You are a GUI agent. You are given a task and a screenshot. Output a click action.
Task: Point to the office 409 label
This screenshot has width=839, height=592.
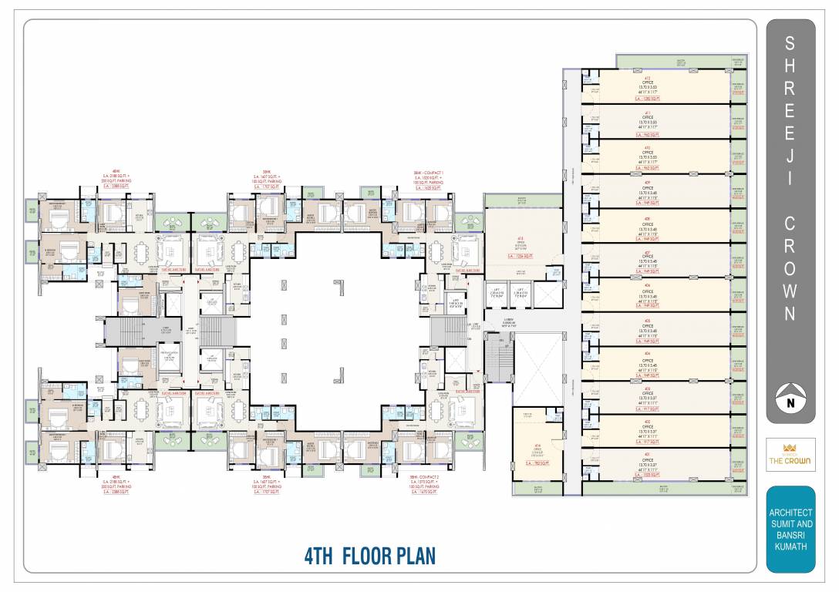click(x=648, y=187)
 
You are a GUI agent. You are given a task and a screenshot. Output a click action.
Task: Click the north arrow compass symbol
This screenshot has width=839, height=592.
click(x=790, y=396)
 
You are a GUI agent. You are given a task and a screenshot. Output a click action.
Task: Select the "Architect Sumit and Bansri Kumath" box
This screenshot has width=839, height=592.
click(x=790, y=529)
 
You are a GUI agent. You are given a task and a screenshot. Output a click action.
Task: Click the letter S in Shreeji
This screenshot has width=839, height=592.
click(x=790, y=45)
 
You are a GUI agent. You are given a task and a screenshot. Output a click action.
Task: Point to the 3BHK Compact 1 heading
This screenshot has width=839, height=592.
click(x=429, y=177)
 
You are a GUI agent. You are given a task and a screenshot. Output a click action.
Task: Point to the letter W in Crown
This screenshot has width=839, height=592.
click(x=790, y=291)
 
